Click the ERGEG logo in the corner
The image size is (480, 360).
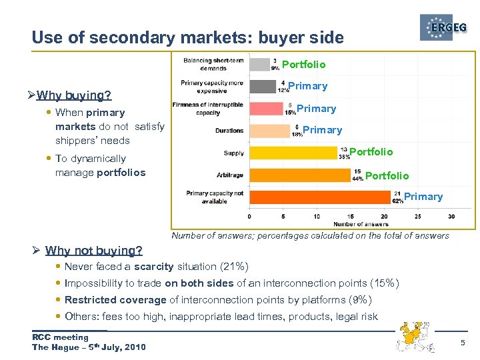coord(445,28)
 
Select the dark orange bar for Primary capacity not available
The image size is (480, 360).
coord(319,197)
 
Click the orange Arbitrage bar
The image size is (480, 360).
coord(299,175)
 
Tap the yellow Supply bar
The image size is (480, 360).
coord(293,153)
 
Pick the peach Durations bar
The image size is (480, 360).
coord(269,130)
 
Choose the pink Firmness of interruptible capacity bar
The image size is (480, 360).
coord(266,109)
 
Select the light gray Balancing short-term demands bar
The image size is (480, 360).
coord(259,64)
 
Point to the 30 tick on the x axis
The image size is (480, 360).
coord(451,216)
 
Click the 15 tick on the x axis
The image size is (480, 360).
coord(350,216)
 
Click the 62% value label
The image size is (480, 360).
coord(397,201)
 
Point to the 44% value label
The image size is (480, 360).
coord(358,179)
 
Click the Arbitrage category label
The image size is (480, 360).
coord(231,175)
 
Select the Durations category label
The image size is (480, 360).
coord(229,131)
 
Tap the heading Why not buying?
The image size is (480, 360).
coord(93,251)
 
